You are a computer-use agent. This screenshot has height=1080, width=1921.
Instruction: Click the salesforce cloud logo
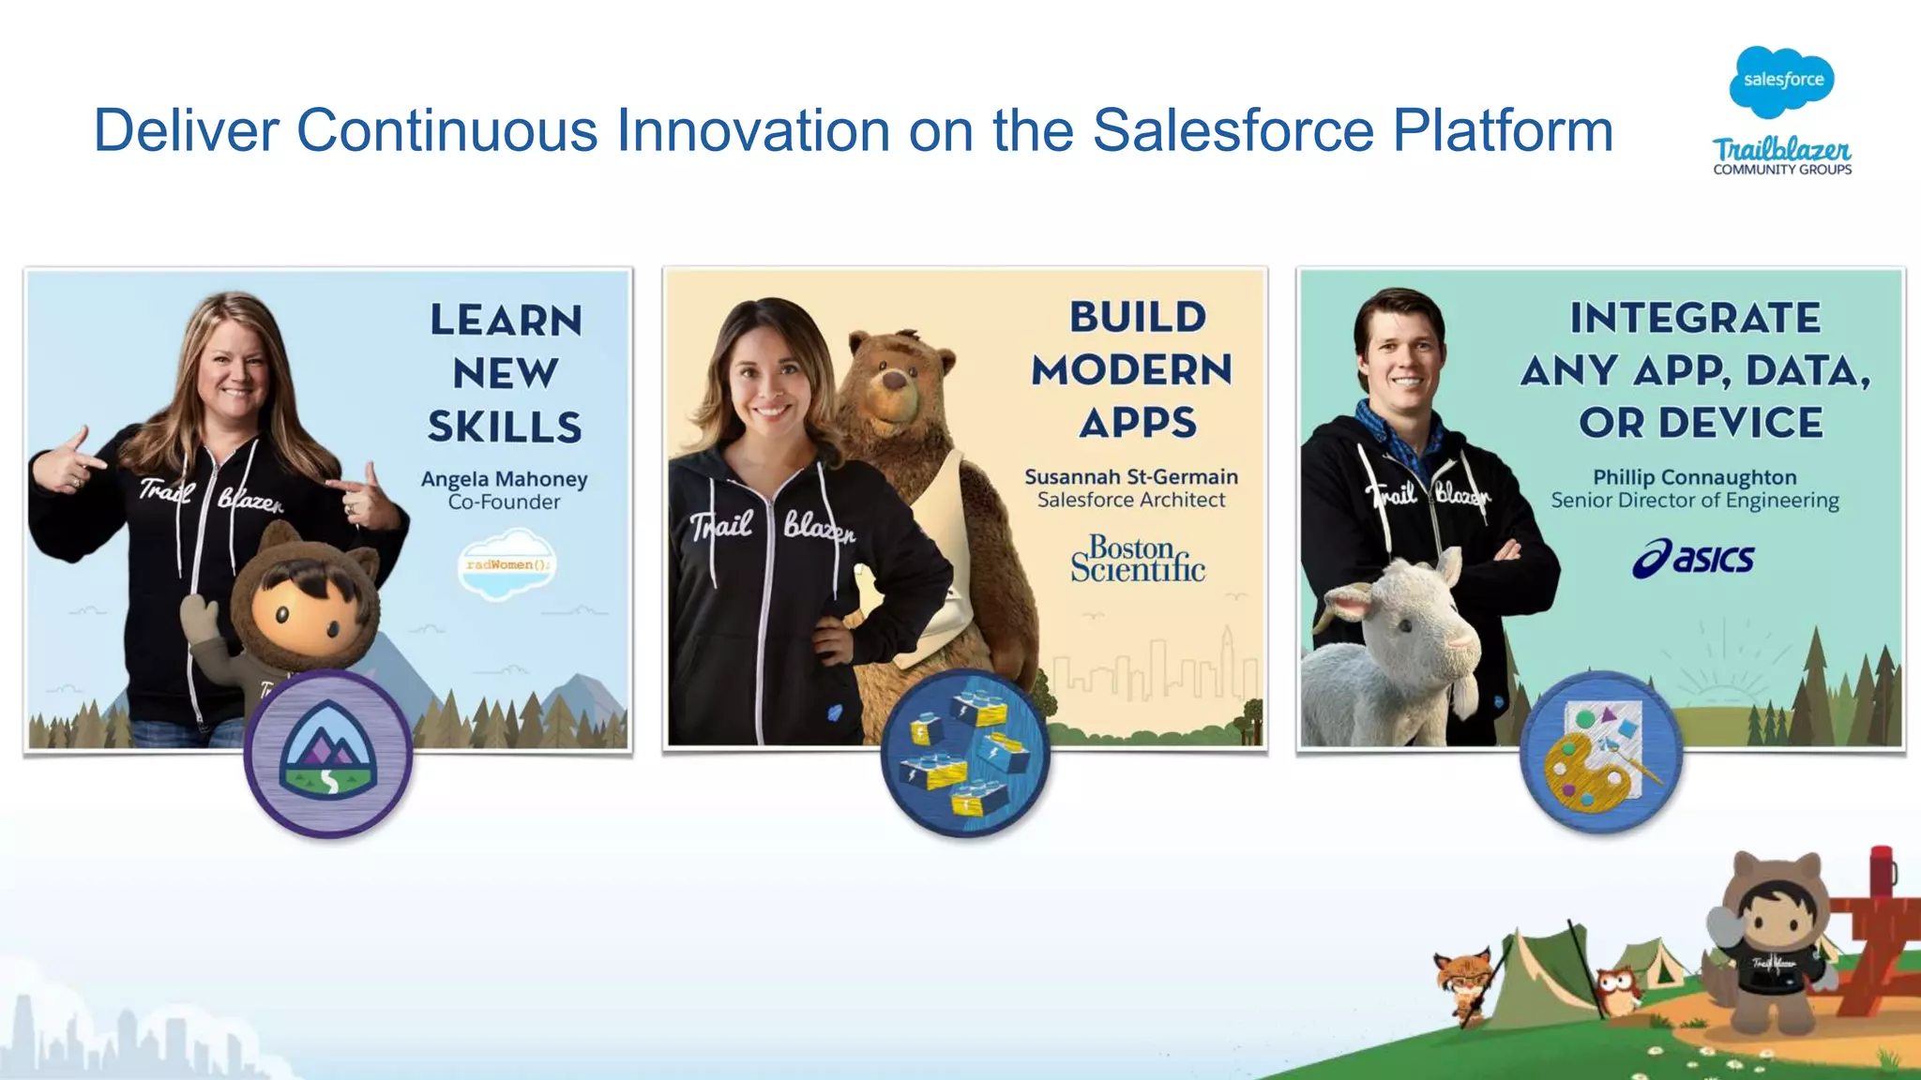click(x=1781, y=82)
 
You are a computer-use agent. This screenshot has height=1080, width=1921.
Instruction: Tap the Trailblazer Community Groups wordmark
click(x=1782, y=156)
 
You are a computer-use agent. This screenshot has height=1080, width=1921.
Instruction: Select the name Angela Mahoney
click(x=504, y=479)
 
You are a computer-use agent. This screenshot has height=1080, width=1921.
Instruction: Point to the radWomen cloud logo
click(x=507, y=564)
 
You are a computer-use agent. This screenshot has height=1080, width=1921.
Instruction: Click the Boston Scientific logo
click(x=1137, y=560)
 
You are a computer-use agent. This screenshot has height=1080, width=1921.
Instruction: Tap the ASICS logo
click(x=1693, y=559)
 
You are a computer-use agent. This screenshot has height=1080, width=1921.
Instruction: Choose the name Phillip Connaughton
click(x=1694, y=477)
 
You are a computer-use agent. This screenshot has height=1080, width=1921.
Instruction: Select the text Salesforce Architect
click(x=1130, y=501)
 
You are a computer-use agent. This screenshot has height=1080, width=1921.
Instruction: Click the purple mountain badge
click(x=328, y=753)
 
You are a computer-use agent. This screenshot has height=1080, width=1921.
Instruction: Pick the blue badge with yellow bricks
click(x=965, y=753)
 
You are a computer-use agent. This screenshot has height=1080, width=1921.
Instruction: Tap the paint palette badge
click(x=1601, y=753)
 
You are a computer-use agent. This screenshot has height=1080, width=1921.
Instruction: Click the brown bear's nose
click(x=896, y=381)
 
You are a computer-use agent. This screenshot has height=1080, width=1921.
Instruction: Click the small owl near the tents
click(x=1614, y=989)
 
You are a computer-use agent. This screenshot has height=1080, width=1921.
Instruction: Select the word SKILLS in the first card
click(x=505, y=427)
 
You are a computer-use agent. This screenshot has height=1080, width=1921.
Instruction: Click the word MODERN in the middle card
click(x=1131, y=370)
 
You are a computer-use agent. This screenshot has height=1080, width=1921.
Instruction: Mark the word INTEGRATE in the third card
click(x=1695, y=318)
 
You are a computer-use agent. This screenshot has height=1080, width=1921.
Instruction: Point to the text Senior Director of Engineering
click(x=1694, y=502)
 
